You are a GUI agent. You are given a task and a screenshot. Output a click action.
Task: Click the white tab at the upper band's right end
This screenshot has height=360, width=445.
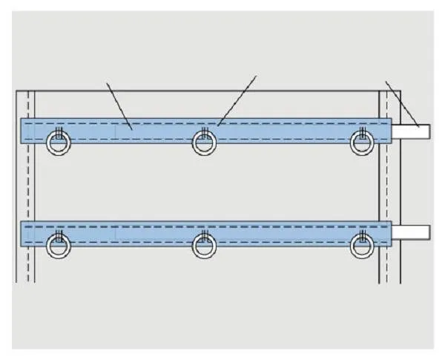coord(410,131)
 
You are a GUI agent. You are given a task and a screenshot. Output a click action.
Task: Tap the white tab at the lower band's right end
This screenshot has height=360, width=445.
coord(410,232)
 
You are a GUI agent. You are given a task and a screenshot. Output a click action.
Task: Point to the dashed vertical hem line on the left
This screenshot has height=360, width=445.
coord(29,186)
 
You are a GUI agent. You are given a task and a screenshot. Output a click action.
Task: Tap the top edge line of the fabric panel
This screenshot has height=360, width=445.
coord(200,91)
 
